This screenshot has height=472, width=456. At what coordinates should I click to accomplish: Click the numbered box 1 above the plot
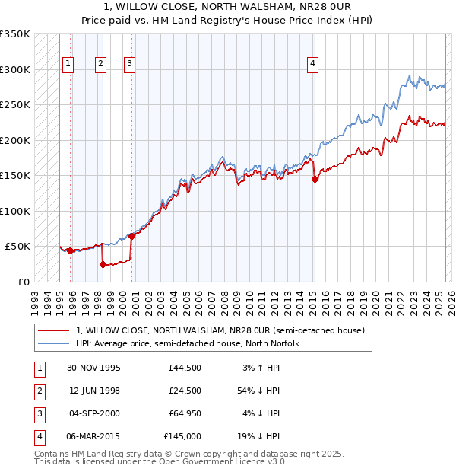pyautogui.click(x=68, y=65)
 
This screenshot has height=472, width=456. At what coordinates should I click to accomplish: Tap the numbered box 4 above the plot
pyautogui.click(x=312, y=65)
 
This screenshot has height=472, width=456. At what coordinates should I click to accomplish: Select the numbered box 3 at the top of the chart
pyautogui.click(x=130, y=65)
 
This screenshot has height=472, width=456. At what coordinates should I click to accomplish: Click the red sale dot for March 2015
pyautogui.click(x=314, y=180)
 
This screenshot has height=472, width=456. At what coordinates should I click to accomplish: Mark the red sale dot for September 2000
pyautogui.click(x=131, y=236)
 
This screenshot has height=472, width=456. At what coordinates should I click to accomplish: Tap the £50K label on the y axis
pyautogui.click(x=18, y=247)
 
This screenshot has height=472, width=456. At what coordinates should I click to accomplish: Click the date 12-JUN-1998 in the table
pyautogui.click(x=93, y=391)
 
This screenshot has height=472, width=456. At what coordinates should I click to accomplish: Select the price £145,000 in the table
pyautogui.click(x=182, y=436)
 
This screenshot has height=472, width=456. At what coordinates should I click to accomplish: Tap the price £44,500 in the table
pyautogui.click(x=185, y=368)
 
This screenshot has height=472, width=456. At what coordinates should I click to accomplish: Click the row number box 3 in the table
pyautogui.click(x=38, y=413)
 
